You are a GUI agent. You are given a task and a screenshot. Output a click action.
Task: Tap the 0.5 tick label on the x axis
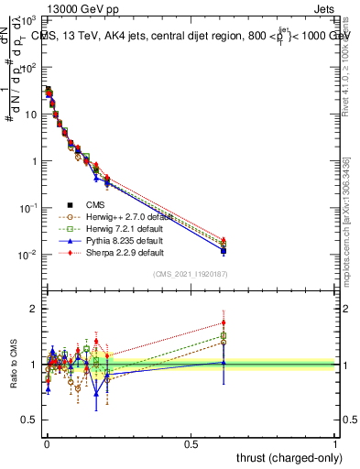click(x=191, y=443)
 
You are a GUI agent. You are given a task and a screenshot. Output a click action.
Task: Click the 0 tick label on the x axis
click(x=47, y=443)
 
